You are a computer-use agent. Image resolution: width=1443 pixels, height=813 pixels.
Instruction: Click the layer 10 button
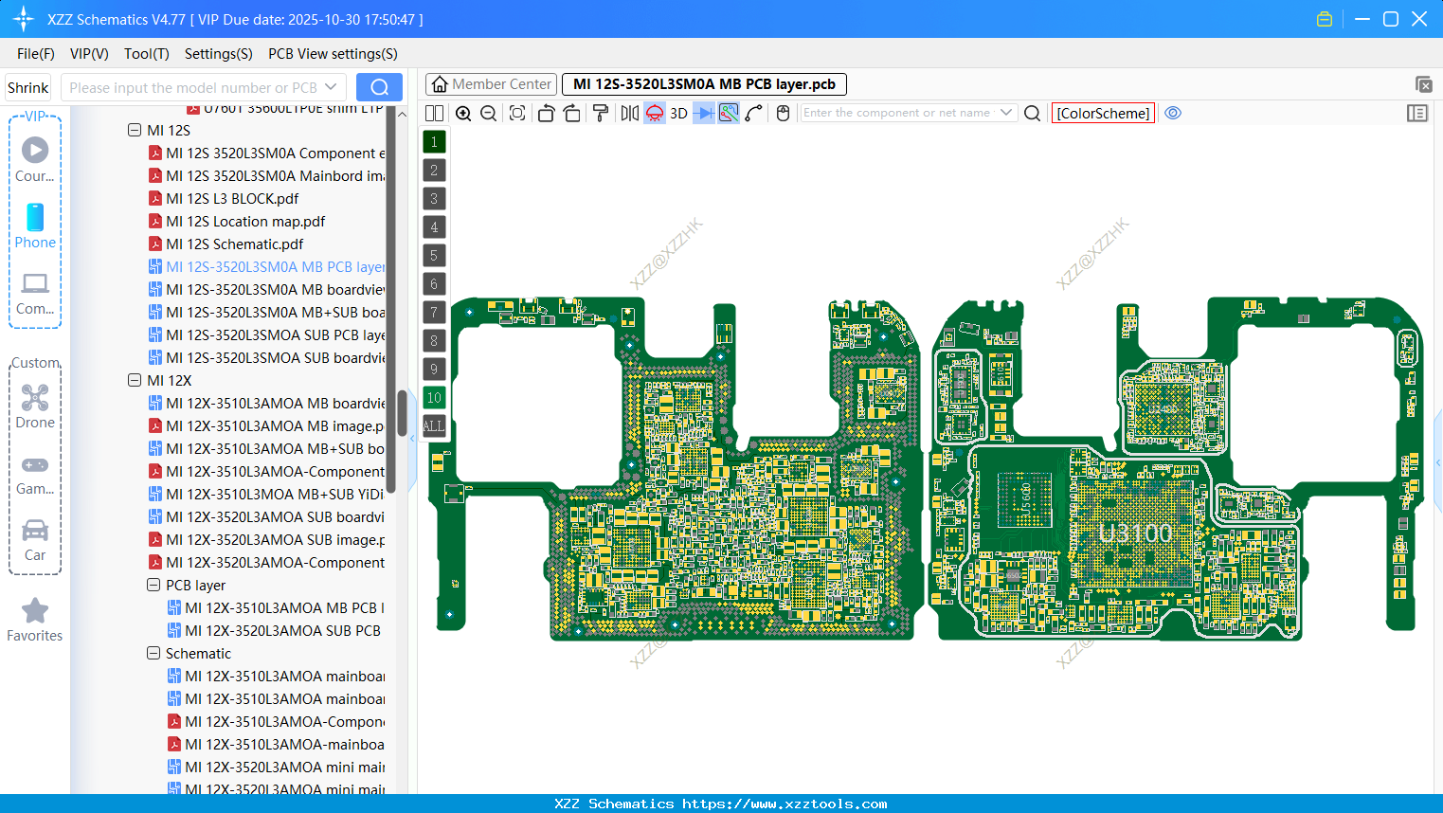coord(434,398)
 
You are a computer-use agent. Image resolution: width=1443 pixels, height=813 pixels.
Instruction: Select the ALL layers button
coord(434,426)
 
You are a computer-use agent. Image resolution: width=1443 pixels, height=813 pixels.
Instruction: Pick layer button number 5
coord(434,256)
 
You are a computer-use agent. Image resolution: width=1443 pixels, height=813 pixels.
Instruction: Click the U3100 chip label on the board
coord(1136,533)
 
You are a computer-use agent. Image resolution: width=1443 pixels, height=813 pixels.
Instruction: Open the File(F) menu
coord(36,54)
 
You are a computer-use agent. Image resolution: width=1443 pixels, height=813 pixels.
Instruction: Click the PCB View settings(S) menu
coord(333,54)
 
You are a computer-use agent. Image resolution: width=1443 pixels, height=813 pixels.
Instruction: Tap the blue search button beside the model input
coord(379,87)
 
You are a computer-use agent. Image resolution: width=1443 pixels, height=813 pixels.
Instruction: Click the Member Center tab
coord(491,84)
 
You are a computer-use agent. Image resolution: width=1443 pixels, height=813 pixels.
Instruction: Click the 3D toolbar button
coord(678,113)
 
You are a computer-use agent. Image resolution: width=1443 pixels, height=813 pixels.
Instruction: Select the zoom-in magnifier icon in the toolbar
coord(463,113)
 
